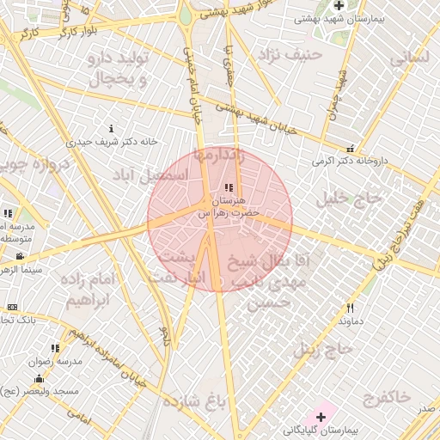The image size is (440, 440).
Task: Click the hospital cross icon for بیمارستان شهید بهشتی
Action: [339, 6]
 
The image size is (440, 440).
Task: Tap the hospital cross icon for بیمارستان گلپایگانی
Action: [321, 417]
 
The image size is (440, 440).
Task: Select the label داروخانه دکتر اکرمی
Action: [345, 161]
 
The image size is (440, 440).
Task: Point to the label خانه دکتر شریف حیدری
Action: [116, 142]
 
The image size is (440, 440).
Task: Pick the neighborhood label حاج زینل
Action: [323, 350]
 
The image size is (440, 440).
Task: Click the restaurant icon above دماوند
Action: [350, 308]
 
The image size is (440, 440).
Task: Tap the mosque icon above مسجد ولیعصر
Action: [38, 379]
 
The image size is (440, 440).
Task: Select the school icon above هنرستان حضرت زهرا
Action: [228, 187]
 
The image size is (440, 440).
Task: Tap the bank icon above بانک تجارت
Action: [12, 307]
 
